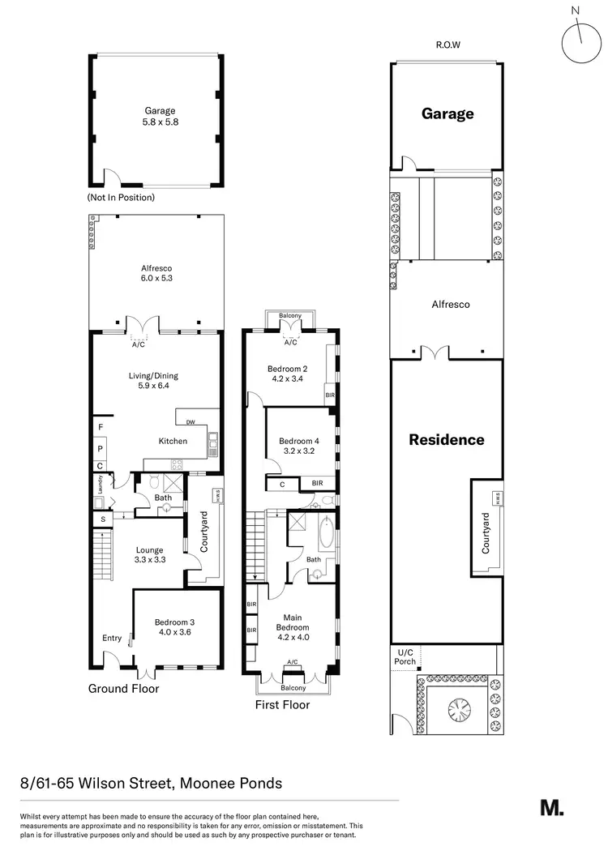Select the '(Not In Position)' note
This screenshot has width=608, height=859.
click(x=121, y=197)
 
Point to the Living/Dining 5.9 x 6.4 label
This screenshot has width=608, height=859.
click(x=153, y=381)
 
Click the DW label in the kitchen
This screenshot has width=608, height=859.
click(x=190, y=421)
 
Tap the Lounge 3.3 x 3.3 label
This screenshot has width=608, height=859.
click(x=150, y=554)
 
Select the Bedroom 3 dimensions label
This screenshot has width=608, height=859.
click(x=174, y=628)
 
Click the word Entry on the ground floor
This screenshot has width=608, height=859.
click(x=112, y=639)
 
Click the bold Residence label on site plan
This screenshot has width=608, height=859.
click(x=446, y=440)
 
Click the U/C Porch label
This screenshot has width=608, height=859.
click(x=405, y=656)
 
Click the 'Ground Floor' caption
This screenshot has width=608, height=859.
click(x=123, y=689)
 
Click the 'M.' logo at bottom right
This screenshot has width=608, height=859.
click(x=552, y=807)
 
